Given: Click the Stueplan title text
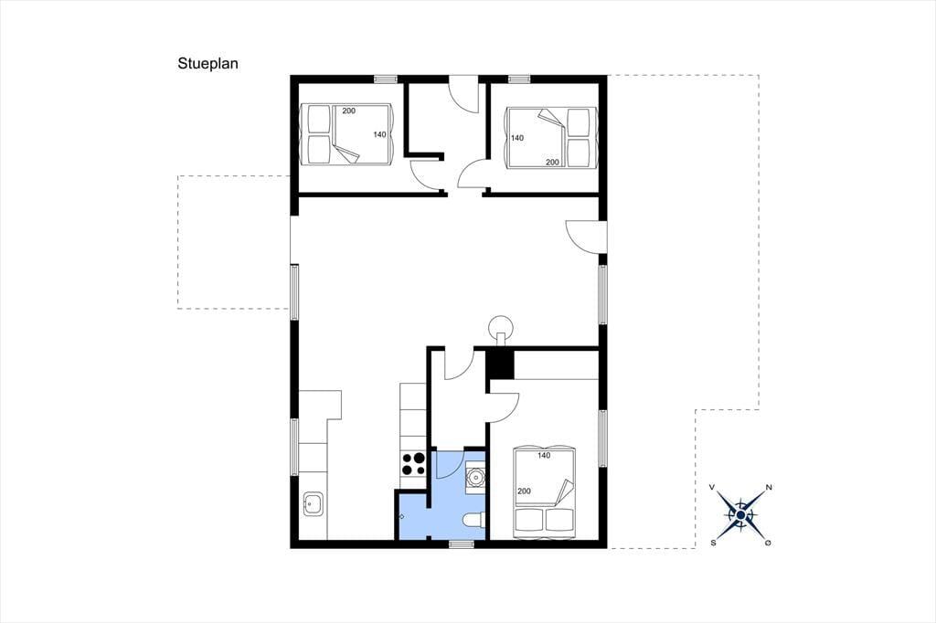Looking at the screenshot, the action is pyautogui.click(x=207, y=64).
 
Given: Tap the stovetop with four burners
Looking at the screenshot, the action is pyautogui.click(x=413, y=464).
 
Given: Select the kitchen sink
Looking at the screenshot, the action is pyautogui.click(x=314, y=504).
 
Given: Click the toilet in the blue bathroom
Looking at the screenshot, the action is pyautogui.click(x=474, y=520).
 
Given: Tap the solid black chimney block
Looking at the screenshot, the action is pyautogui.click(x=500, y=364).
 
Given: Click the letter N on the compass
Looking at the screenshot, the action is pyautogui.click(x=769, y=488).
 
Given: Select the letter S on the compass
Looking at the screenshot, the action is pyautogui.click(x=713, y=543).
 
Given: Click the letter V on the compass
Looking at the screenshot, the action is pyautogui.click(x=711, y=488).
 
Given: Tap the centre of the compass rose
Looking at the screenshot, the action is pyautogui.click(x=740, y=515).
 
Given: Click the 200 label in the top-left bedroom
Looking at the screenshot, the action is pyautogui.click(x=348, y=111).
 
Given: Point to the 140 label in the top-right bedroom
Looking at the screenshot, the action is pyautogui.click(x=517, y=138).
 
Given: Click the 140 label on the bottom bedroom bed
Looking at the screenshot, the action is pyautogui.click(x=544, y=455).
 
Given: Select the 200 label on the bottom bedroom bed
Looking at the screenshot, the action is pyautogui.click(x=524, y=491).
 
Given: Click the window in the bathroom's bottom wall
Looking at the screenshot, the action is pyautogui.click(x=462, y=544).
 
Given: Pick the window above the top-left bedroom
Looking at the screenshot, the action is pyautogui.click(x=386, y=79).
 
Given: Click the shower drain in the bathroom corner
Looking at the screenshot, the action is pyautogui.click(x=402, y=516).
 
